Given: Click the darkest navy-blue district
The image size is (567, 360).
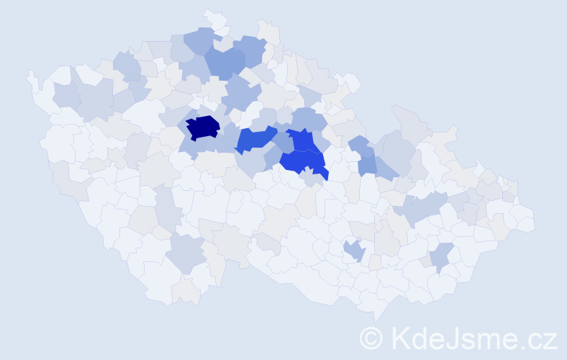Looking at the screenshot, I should click(203, 127).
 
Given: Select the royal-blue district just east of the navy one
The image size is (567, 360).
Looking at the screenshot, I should click(254, 138).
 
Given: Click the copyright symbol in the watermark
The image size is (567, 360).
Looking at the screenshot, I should click(371, 337).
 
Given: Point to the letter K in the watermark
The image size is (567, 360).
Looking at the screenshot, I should click(401, 337).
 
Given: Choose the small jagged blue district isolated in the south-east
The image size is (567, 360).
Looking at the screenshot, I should click(353, 251).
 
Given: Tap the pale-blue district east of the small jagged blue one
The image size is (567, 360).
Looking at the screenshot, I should click(442, 256).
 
